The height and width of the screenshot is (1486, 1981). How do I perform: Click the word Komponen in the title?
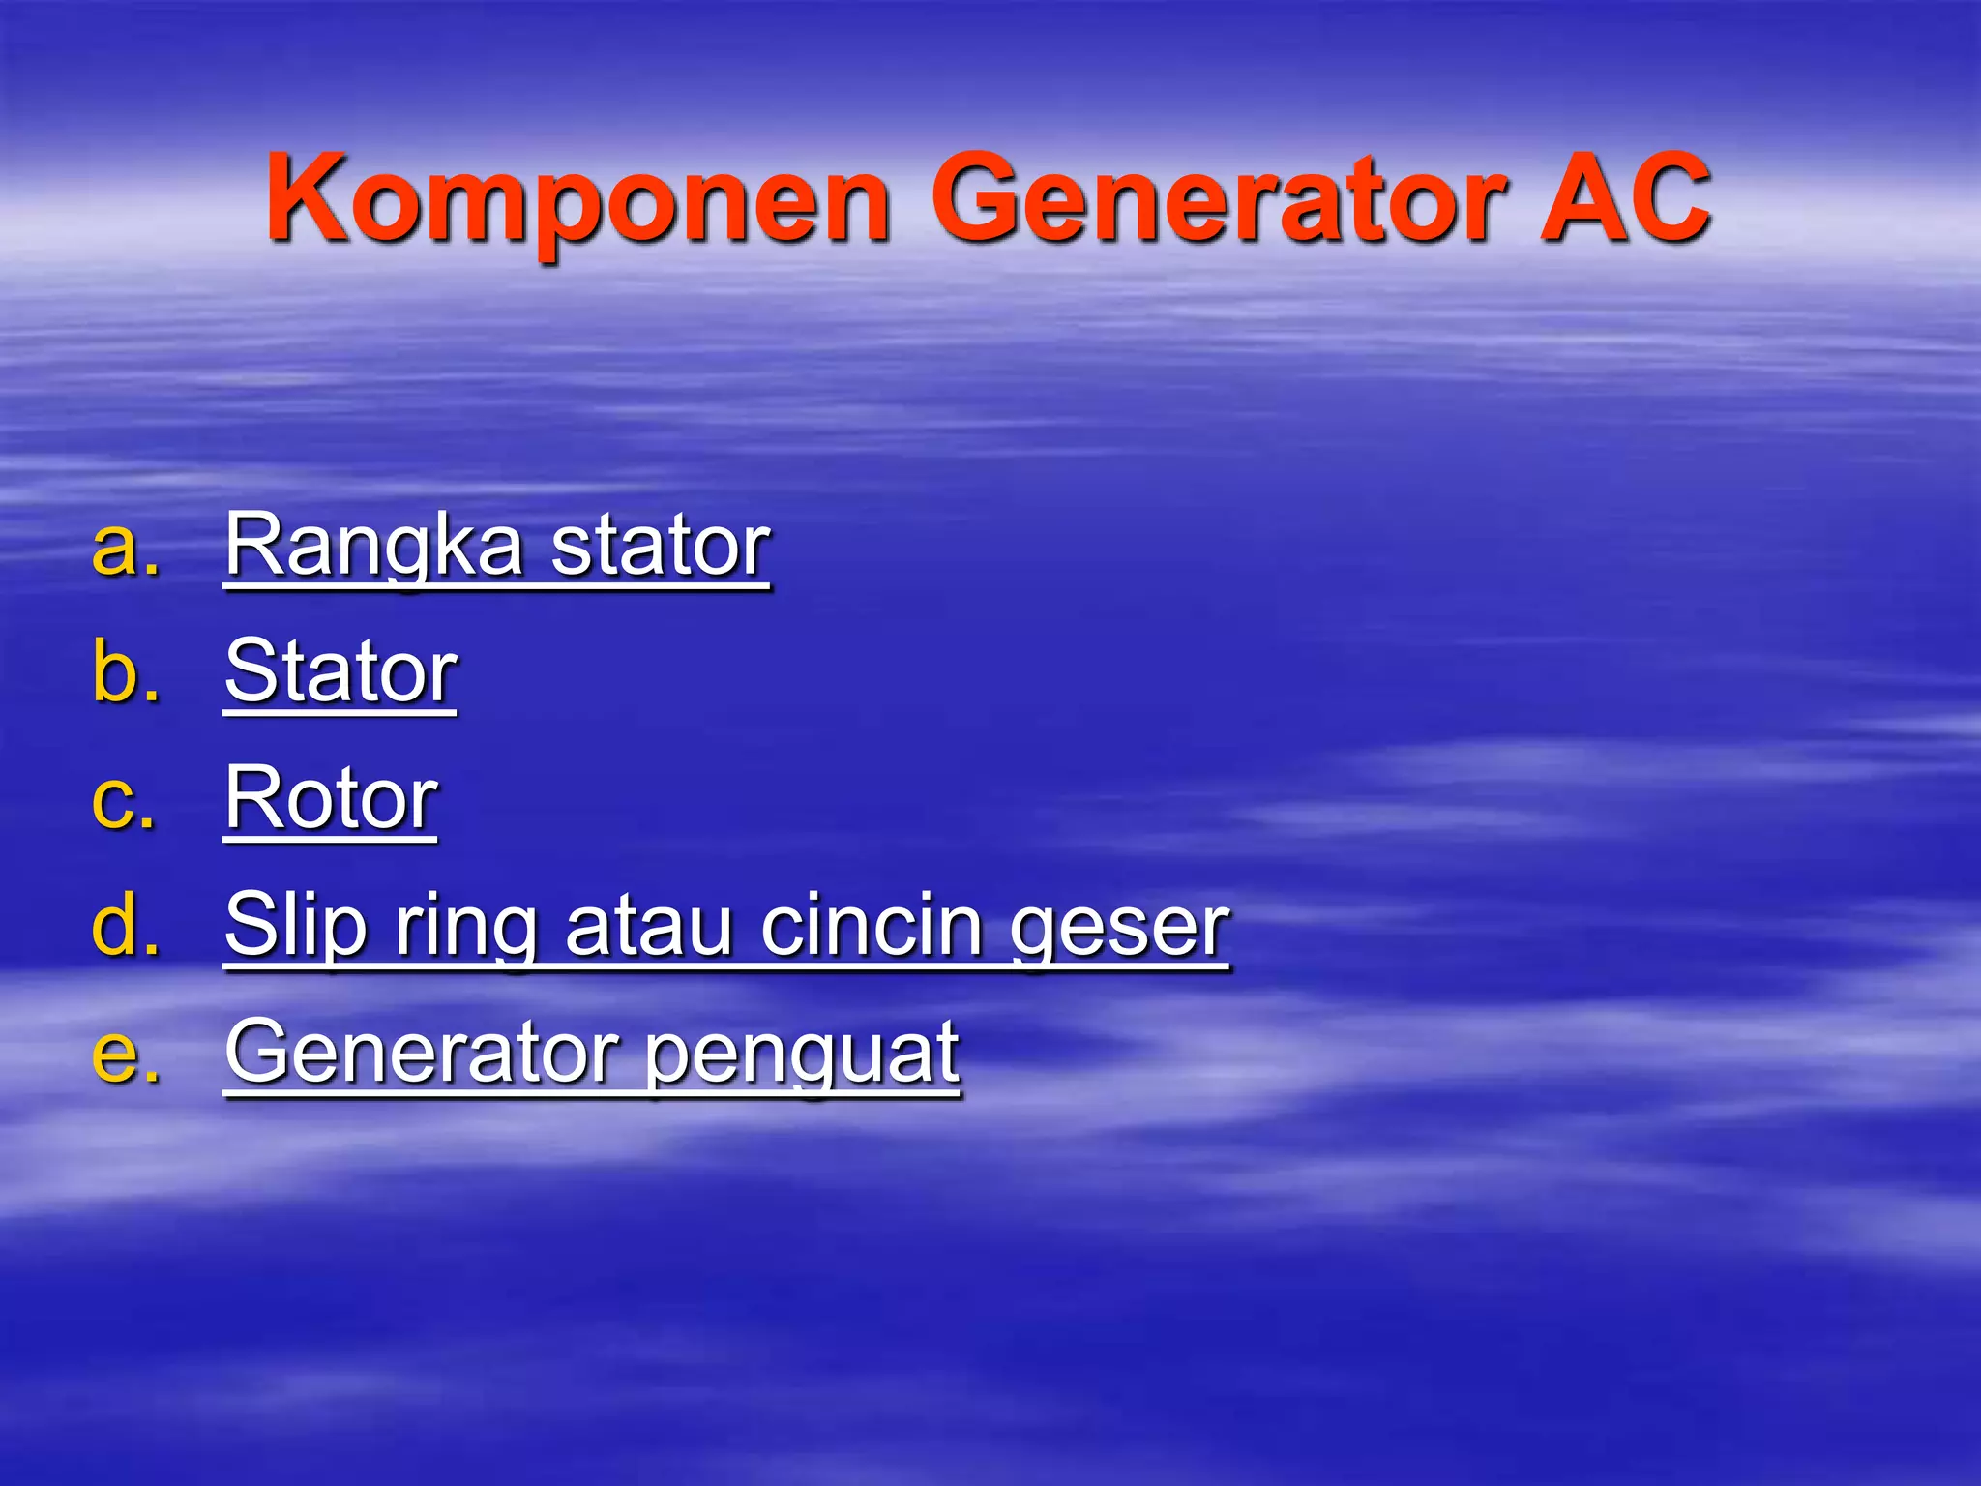click(577, 201)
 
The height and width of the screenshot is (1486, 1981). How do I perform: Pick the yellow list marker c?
click(123, 800)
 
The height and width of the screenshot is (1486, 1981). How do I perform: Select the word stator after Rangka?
click(661, 547)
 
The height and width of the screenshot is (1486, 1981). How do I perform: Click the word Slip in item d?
click(296, 926)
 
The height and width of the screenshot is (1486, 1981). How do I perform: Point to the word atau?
click(649, 926)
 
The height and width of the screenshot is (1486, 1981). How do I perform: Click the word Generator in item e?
click(422, 1052)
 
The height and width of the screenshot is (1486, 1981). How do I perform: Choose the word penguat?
click(802, 1054)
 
